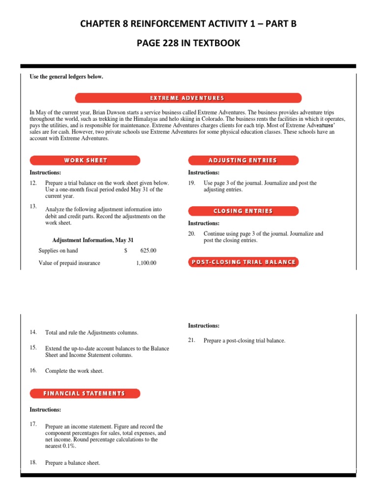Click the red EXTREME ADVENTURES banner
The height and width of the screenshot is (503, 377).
pyautogui.click(x=188, y=98)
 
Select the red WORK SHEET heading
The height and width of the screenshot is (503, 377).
pyautogui.click(x=85, y=160)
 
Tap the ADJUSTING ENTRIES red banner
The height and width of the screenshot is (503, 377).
pyautogui.click(x=243, y=160)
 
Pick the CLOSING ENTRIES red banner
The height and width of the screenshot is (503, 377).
pyautogui.click(x=243, y=211)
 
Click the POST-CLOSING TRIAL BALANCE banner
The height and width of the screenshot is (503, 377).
pyautogui.click(x=243, y=262)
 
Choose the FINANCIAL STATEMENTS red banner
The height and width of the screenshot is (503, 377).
pyautogui.click(x=85, y=393)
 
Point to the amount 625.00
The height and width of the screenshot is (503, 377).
pyautogui.click(x=148, y=250)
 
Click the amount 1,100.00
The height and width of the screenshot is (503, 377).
pyautogui.click(x=146, y=263)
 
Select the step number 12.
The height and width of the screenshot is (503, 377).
pyautogui.click(x=33, y=183)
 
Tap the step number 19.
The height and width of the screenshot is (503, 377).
pyautogui.click(x=192, y=183)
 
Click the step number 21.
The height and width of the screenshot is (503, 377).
pyautogui.click(x=192, y=340)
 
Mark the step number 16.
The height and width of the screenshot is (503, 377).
pyautogui.click(x=33, y=370)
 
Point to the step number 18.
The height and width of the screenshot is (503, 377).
pyautogui.click(x=33, y=462)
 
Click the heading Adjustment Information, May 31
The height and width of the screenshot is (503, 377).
pyautogui.click(x=93, y=240)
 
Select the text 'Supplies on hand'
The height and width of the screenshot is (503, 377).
pyautogui.click(x=58, y=250)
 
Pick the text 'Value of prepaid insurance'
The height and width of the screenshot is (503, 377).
pyautogui.click(x=69, y=263)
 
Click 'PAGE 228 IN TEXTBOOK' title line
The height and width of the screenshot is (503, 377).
pyautogui.click(x=188, y=43)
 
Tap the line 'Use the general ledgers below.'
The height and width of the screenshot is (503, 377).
pyautogui.click(x=66, y=77)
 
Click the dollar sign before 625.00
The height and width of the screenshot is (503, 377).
pyautogui.click(x=126, y=250)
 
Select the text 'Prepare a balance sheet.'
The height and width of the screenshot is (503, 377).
pyautogui.click(x=73, y=463)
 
